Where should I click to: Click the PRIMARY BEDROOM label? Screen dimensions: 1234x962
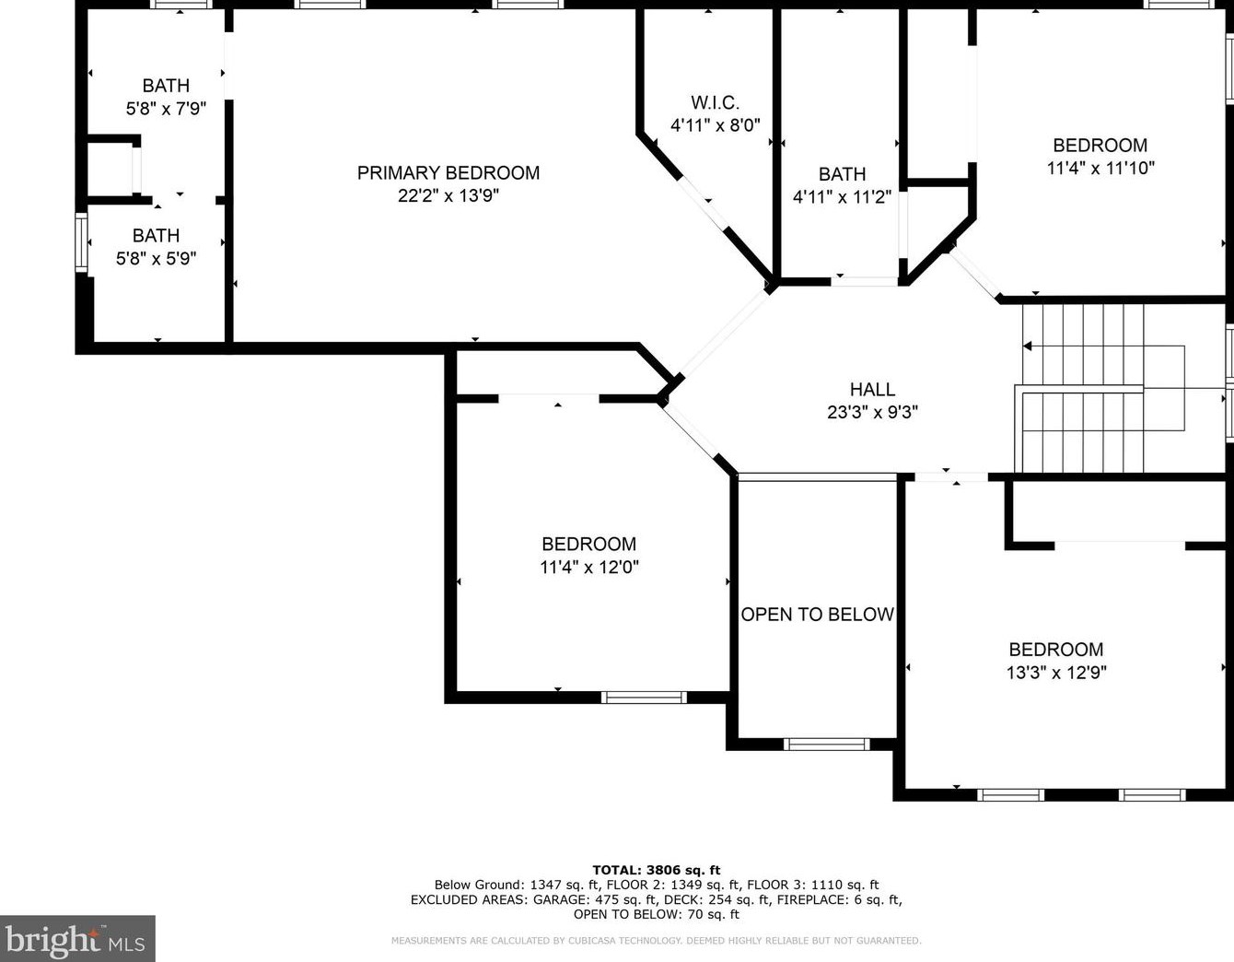click(x=448, y=172)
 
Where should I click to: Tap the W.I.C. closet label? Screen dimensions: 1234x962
click(x=715, y=102)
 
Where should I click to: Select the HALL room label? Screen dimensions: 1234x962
click(x=872, y=389)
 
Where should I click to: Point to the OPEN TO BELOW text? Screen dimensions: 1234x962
click(x=817, y=615)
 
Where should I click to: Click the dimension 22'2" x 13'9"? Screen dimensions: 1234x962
click(x=448, y=195)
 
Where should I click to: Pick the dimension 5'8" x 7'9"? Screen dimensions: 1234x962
click(x=166, y=108)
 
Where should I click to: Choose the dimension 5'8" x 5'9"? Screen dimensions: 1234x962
click(x=157, y=259)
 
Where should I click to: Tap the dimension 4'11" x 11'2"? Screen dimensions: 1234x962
click(x=843, y=196)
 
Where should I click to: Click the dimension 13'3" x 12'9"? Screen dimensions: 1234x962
click(x=1056, y=673)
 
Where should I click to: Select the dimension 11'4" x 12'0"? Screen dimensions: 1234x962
click(x=588, y=567)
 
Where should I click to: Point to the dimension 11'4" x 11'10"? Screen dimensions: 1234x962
click(x=1100, y=169)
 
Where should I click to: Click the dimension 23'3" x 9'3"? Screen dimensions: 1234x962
click(x=872, y=412)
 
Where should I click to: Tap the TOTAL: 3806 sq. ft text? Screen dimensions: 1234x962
click(x=656, y=870)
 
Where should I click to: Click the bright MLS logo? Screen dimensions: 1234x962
click(x=77, y=938)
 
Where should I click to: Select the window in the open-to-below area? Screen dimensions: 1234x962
click(x=826, y=744)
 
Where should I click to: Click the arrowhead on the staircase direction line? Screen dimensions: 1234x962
click(x=1027, y=346)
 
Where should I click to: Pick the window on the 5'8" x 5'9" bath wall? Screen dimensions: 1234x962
click(x=82, y=242)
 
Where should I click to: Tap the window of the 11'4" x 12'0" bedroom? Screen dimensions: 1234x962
click(x=644, y=698)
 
